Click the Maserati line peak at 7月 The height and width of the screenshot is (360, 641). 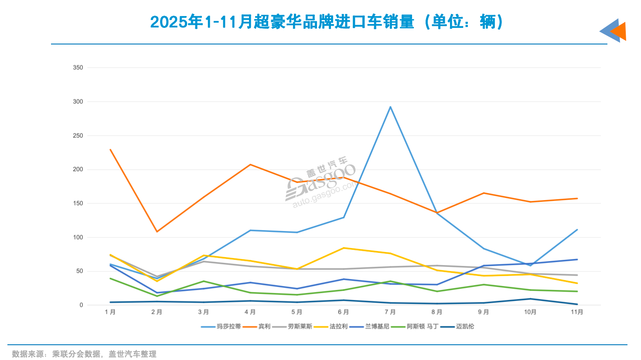390,107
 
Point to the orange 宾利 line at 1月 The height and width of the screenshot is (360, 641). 110,149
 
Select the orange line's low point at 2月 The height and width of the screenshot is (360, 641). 157,231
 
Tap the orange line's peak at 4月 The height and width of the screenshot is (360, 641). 250,164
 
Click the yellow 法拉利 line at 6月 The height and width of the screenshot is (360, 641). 344,248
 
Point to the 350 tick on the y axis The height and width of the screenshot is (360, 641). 78,68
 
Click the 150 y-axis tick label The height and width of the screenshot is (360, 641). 78,203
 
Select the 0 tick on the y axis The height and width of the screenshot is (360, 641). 81,305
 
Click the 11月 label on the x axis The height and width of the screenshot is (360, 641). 577,312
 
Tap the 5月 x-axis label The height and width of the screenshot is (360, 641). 297,312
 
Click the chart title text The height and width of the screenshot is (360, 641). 326,21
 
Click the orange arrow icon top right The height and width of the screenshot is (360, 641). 619,31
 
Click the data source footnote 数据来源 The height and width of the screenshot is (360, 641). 84,354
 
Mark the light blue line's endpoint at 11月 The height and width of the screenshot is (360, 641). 577,230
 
